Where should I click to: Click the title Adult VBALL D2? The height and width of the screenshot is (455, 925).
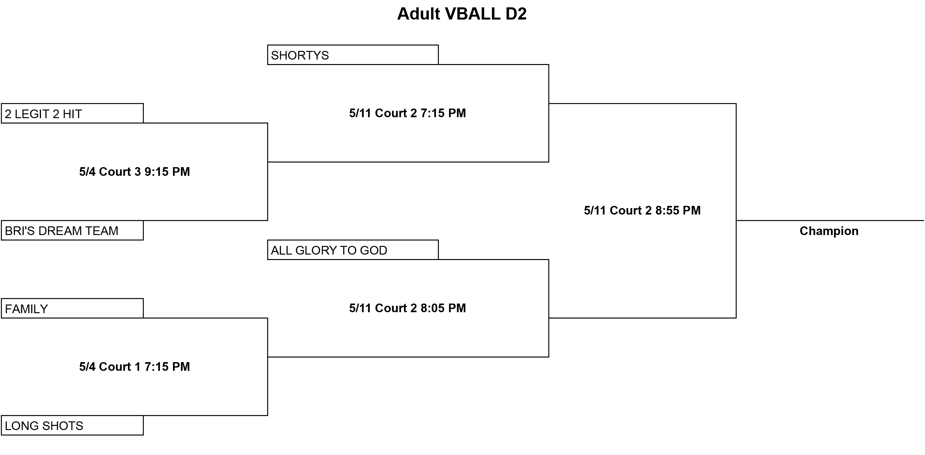[462, 14]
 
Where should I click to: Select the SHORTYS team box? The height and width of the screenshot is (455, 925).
[353, 55]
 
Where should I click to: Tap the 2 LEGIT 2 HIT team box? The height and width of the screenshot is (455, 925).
[72, 114]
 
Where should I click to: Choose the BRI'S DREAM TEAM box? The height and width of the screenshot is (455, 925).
[72, 230]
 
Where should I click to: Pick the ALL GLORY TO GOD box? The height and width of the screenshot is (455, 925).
[353, 250]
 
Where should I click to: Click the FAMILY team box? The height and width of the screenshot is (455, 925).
[72, 308]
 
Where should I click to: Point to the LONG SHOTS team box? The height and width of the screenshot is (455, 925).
[72, 426]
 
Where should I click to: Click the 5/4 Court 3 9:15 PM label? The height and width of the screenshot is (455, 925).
[135, 172]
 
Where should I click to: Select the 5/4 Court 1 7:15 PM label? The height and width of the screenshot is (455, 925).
[135, 367]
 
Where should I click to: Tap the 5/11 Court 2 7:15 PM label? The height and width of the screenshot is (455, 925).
[407, 113]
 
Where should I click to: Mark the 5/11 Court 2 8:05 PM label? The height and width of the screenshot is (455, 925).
[407, 308]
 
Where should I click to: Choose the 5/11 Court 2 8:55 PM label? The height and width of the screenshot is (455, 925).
[642, 211]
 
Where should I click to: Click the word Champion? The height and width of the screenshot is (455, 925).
[829, 231]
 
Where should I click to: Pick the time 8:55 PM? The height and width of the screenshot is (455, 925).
[678, 211]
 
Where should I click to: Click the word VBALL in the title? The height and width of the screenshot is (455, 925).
[472, 14]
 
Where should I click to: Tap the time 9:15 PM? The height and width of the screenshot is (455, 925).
[167, 172]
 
